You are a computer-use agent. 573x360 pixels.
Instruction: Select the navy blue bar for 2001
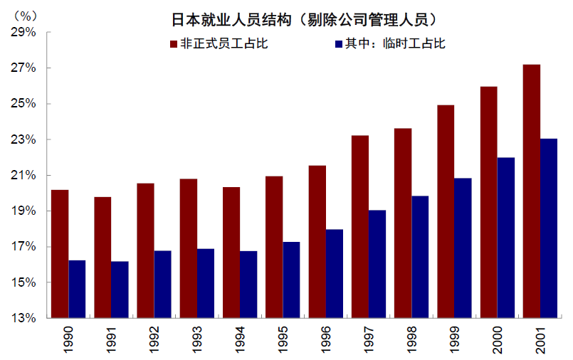tap(549, 228)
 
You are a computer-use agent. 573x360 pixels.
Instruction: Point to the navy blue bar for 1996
tap(335, 273)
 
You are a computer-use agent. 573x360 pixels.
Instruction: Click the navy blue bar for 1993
tap(206, 283)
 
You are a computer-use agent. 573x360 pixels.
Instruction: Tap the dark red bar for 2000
tap(489, 202)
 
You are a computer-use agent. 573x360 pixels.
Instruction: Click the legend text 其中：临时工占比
tap(395, 44)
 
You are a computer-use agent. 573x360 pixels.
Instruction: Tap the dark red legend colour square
tap(173, 44)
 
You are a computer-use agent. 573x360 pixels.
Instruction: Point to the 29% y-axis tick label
tap(23, 33)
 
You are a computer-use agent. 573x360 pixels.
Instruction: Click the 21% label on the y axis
tap(23, 176)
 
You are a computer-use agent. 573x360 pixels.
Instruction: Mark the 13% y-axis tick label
tap(23, 318)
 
